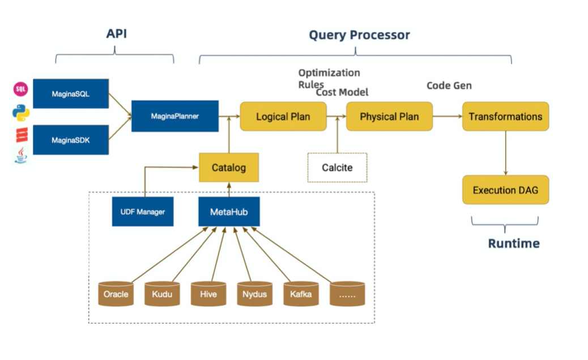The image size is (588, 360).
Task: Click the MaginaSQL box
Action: click(71, 93)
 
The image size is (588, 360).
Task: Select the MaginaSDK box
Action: click(71, 140)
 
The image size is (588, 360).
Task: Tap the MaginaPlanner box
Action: click(175, 116)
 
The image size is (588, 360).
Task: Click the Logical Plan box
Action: click(283, 117)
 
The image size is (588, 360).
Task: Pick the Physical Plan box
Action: click(389, 117)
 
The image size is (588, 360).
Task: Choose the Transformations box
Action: click(505, 117)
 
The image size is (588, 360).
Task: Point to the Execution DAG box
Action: click(505, 190)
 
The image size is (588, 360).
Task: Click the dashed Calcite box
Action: click(337, 168)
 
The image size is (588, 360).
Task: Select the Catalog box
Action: click(229, 168)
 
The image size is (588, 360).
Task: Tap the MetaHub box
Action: click(229, 212)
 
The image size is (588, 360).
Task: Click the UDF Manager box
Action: click(143, 212)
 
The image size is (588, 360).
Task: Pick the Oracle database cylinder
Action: click(116, 294)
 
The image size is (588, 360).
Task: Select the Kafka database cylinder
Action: click(301, 294)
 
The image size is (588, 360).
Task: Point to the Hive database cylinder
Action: click(208, 294)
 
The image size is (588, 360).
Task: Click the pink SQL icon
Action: click(20, 89)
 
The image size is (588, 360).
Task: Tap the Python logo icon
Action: click(20, 112)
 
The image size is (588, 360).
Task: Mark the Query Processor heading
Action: click(359, 35)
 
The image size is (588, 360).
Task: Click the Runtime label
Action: click(514, 243)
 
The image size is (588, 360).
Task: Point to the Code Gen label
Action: click(449, 85)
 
